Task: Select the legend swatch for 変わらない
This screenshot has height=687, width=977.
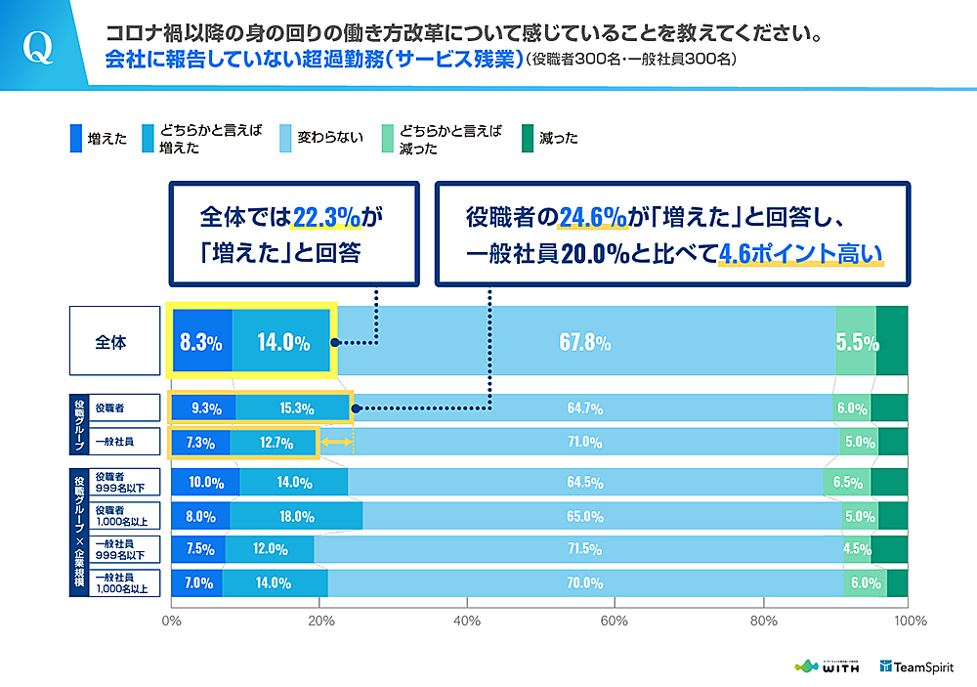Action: coord(286,138)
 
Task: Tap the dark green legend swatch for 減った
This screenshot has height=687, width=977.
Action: coord(529,138)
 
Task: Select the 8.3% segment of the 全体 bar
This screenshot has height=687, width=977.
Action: coord(201,342)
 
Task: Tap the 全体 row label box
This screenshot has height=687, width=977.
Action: coord(113,341)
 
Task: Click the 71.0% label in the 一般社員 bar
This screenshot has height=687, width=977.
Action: coord(584,442)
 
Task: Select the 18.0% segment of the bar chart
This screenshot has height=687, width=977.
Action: coord(296,516)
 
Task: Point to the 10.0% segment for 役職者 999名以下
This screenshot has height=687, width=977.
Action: coord(204,482)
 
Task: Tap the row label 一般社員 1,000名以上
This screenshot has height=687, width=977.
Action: coord(120,583)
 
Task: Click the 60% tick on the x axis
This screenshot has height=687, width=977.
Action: coord(614,620)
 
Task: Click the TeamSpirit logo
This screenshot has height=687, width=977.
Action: coord(917,666)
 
